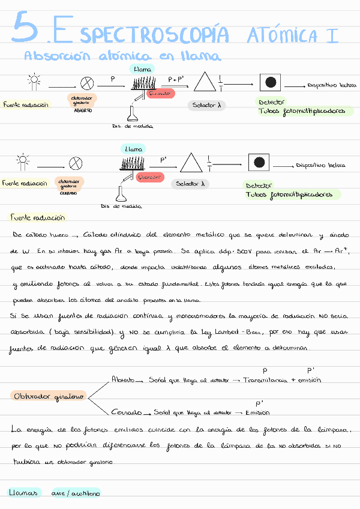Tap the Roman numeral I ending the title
coord(331,35)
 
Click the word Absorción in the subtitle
coord(53,56)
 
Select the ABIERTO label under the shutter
coord(83,110)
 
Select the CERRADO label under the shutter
coord(68,193)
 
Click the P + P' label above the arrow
coord(176,79)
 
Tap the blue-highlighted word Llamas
coord(23,493)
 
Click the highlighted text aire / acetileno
coord(75,493)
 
